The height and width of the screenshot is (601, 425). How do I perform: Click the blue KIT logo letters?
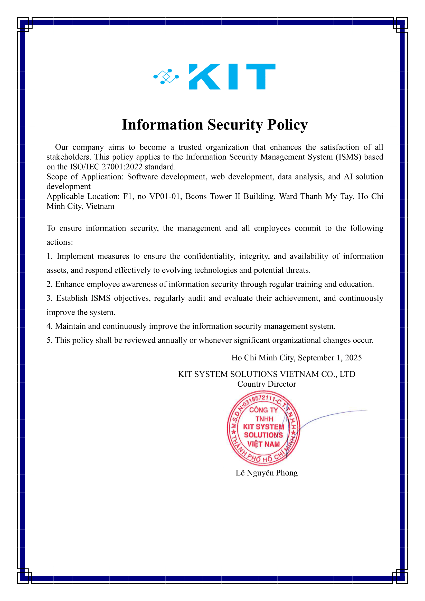point(232,77)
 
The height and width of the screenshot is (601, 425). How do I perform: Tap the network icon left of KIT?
point(166,77)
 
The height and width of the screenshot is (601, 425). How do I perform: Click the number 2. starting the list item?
point(50,284)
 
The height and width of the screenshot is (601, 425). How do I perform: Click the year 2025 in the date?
point(353,358)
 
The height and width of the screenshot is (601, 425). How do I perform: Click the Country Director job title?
point(267,384)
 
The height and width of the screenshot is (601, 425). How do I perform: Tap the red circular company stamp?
point(263,428)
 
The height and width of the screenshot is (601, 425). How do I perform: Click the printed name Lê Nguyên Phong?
point(267,473)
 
